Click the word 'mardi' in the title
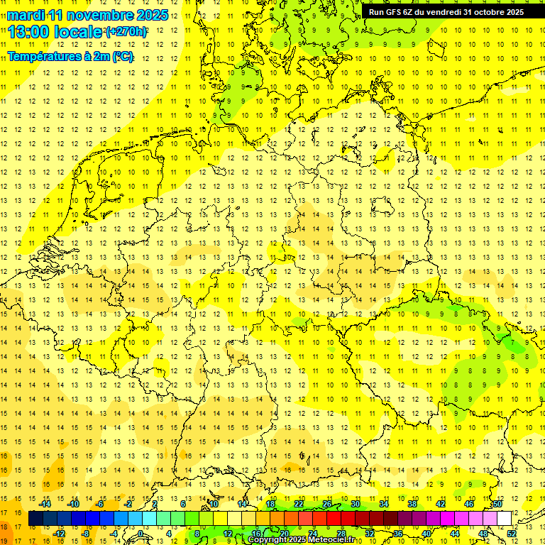(26, 15)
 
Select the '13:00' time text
(28, 32)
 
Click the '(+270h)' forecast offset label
(126, 32)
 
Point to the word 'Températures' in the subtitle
(42, 57)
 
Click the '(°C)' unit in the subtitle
(121, 57)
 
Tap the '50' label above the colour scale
(497, 504)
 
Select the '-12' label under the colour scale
(60, 534)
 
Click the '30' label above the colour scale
(355, 504)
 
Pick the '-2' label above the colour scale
(128, 504)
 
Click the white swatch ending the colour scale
(505, 519)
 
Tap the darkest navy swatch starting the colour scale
(35, 519)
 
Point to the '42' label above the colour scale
(441, 504)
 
